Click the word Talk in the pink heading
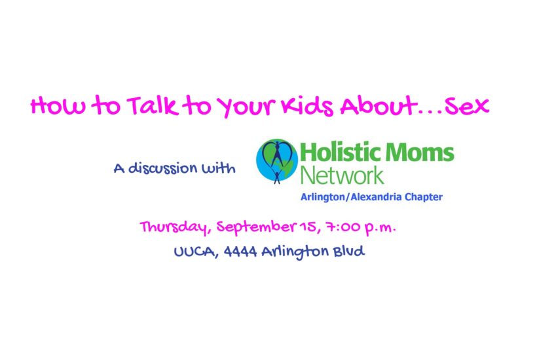[153, 105]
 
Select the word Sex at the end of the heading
[467, 106]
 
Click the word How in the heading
[58, 106]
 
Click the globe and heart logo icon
[277, 161]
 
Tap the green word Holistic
[339, 152]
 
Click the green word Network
[342, 175]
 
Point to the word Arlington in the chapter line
[323, 198]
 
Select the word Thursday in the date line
[174, 227]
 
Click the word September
[256, 227]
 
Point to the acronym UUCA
[194, 252]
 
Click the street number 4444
[240, 252]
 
